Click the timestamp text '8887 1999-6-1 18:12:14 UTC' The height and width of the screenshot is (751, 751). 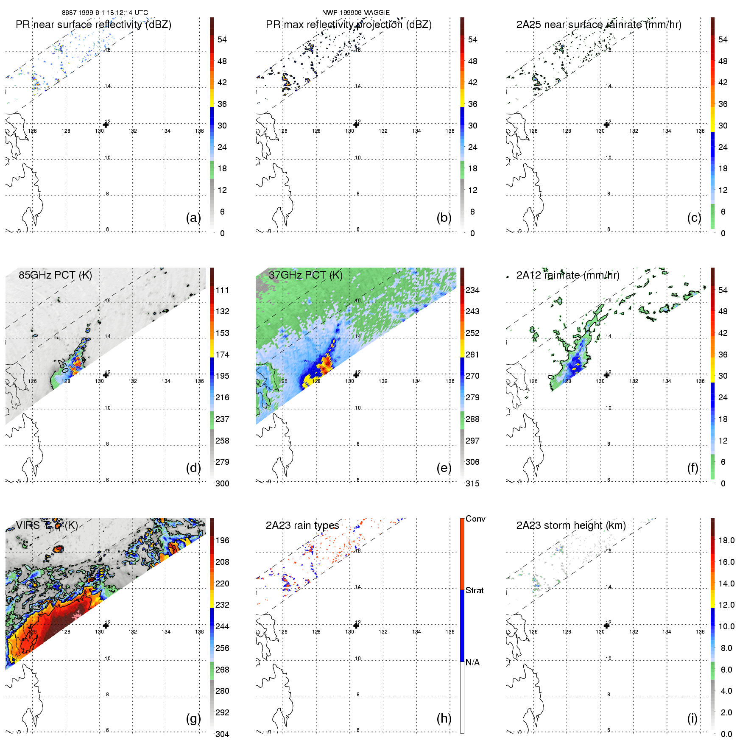click(x=105, y=13)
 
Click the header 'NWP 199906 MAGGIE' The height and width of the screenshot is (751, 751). click(x=356, y=13)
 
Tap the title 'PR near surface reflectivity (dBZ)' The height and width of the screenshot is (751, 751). click(x=93, y=25)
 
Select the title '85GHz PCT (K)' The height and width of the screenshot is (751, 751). click(x=55, y=275)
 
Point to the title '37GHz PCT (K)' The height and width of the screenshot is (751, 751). click(x=305, y=275)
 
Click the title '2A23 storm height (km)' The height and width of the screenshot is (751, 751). click(x=571, y=525)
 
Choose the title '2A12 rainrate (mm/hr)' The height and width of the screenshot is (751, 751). click(x=568, y=275)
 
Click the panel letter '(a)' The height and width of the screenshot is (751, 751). click(x=193, y=218)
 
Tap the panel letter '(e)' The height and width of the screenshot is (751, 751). click(x=444, y=468)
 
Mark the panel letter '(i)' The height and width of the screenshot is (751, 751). click(x=692, y=718)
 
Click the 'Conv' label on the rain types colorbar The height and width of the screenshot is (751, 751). click(x=475, y=519)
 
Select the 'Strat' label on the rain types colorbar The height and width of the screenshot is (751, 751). click(x=475, y=590)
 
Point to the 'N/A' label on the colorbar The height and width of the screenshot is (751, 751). click(x=472, y=662)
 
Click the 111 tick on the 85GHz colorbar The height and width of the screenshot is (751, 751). click(x=222, y=290)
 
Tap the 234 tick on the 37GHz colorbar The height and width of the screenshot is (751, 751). click(x=472, y=290)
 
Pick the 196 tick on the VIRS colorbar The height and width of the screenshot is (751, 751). click(x=222, y=540)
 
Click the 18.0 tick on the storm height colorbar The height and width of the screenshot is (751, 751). click(x=726, y=540)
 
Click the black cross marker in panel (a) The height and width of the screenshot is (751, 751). click(x=106, y=124)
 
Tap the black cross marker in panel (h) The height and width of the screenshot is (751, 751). click(x=356, y=625)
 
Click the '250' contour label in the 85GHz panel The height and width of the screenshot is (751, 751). click(x=62, y=366)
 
